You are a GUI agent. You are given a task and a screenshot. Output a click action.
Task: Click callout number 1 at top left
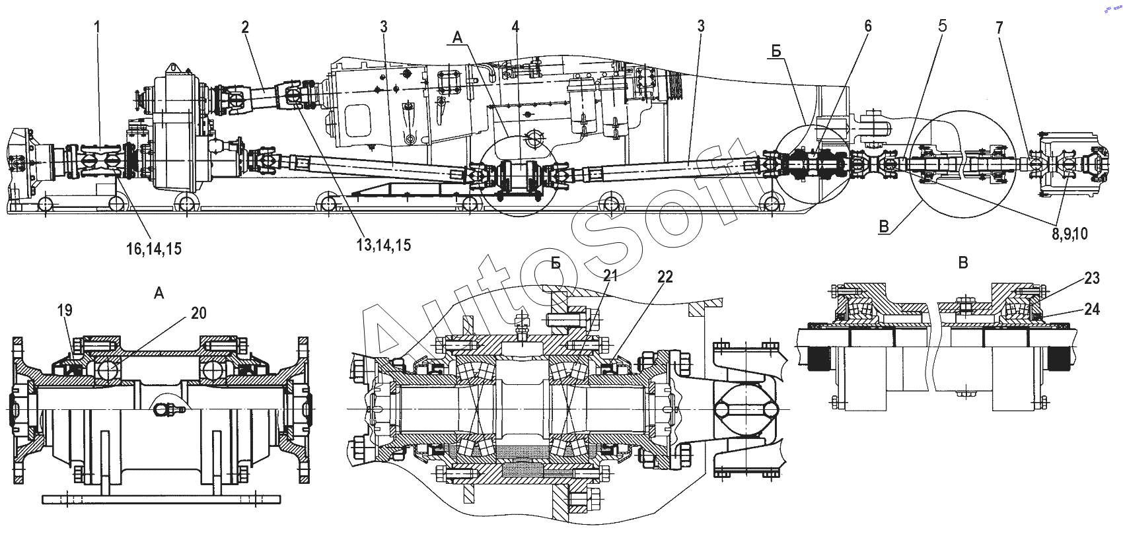(x=97, y=27)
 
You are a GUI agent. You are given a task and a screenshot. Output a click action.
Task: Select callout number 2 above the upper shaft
(x=244, y=27)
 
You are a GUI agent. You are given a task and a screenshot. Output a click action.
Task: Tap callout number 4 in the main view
(x=515, y=27)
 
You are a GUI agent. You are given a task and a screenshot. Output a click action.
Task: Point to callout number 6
(x=868, y=26)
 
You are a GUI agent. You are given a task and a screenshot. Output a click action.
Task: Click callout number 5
(x=942, y=26)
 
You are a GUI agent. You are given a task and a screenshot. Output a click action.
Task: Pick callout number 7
(x=999, y=28)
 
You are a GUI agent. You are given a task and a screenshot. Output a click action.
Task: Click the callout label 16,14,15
(x=154, y=248)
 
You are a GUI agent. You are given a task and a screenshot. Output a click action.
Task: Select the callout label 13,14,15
(x=384, y=245)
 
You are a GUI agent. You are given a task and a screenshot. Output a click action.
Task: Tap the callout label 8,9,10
(x=1069, y=234)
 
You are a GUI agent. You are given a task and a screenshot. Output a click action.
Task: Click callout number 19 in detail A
(x=65, y=311)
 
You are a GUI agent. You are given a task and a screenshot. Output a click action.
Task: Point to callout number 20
(x=199, y=313)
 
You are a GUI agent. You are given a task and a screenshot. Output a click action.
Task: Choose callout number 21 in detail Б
(x=610, y=275)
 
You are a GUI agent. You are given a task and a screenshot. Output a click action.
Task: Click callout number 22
(x=665, y=277)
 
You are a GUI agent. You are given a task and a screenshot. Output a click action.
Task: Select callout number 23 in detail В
(x=1091, y=279)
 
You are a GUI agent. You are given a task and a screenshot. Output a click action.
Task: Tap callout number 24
(x=1092, y=310)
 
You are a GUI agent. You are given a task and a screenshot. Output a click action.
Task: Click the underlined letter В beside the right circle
(x=884, y=227)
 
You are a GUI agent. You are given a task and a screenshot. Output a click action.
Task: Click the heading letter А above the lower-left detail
(x=159, y=293)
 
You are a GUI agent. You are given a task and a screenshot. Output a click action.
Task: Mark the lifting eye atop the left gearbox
(x=173, y=67)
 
